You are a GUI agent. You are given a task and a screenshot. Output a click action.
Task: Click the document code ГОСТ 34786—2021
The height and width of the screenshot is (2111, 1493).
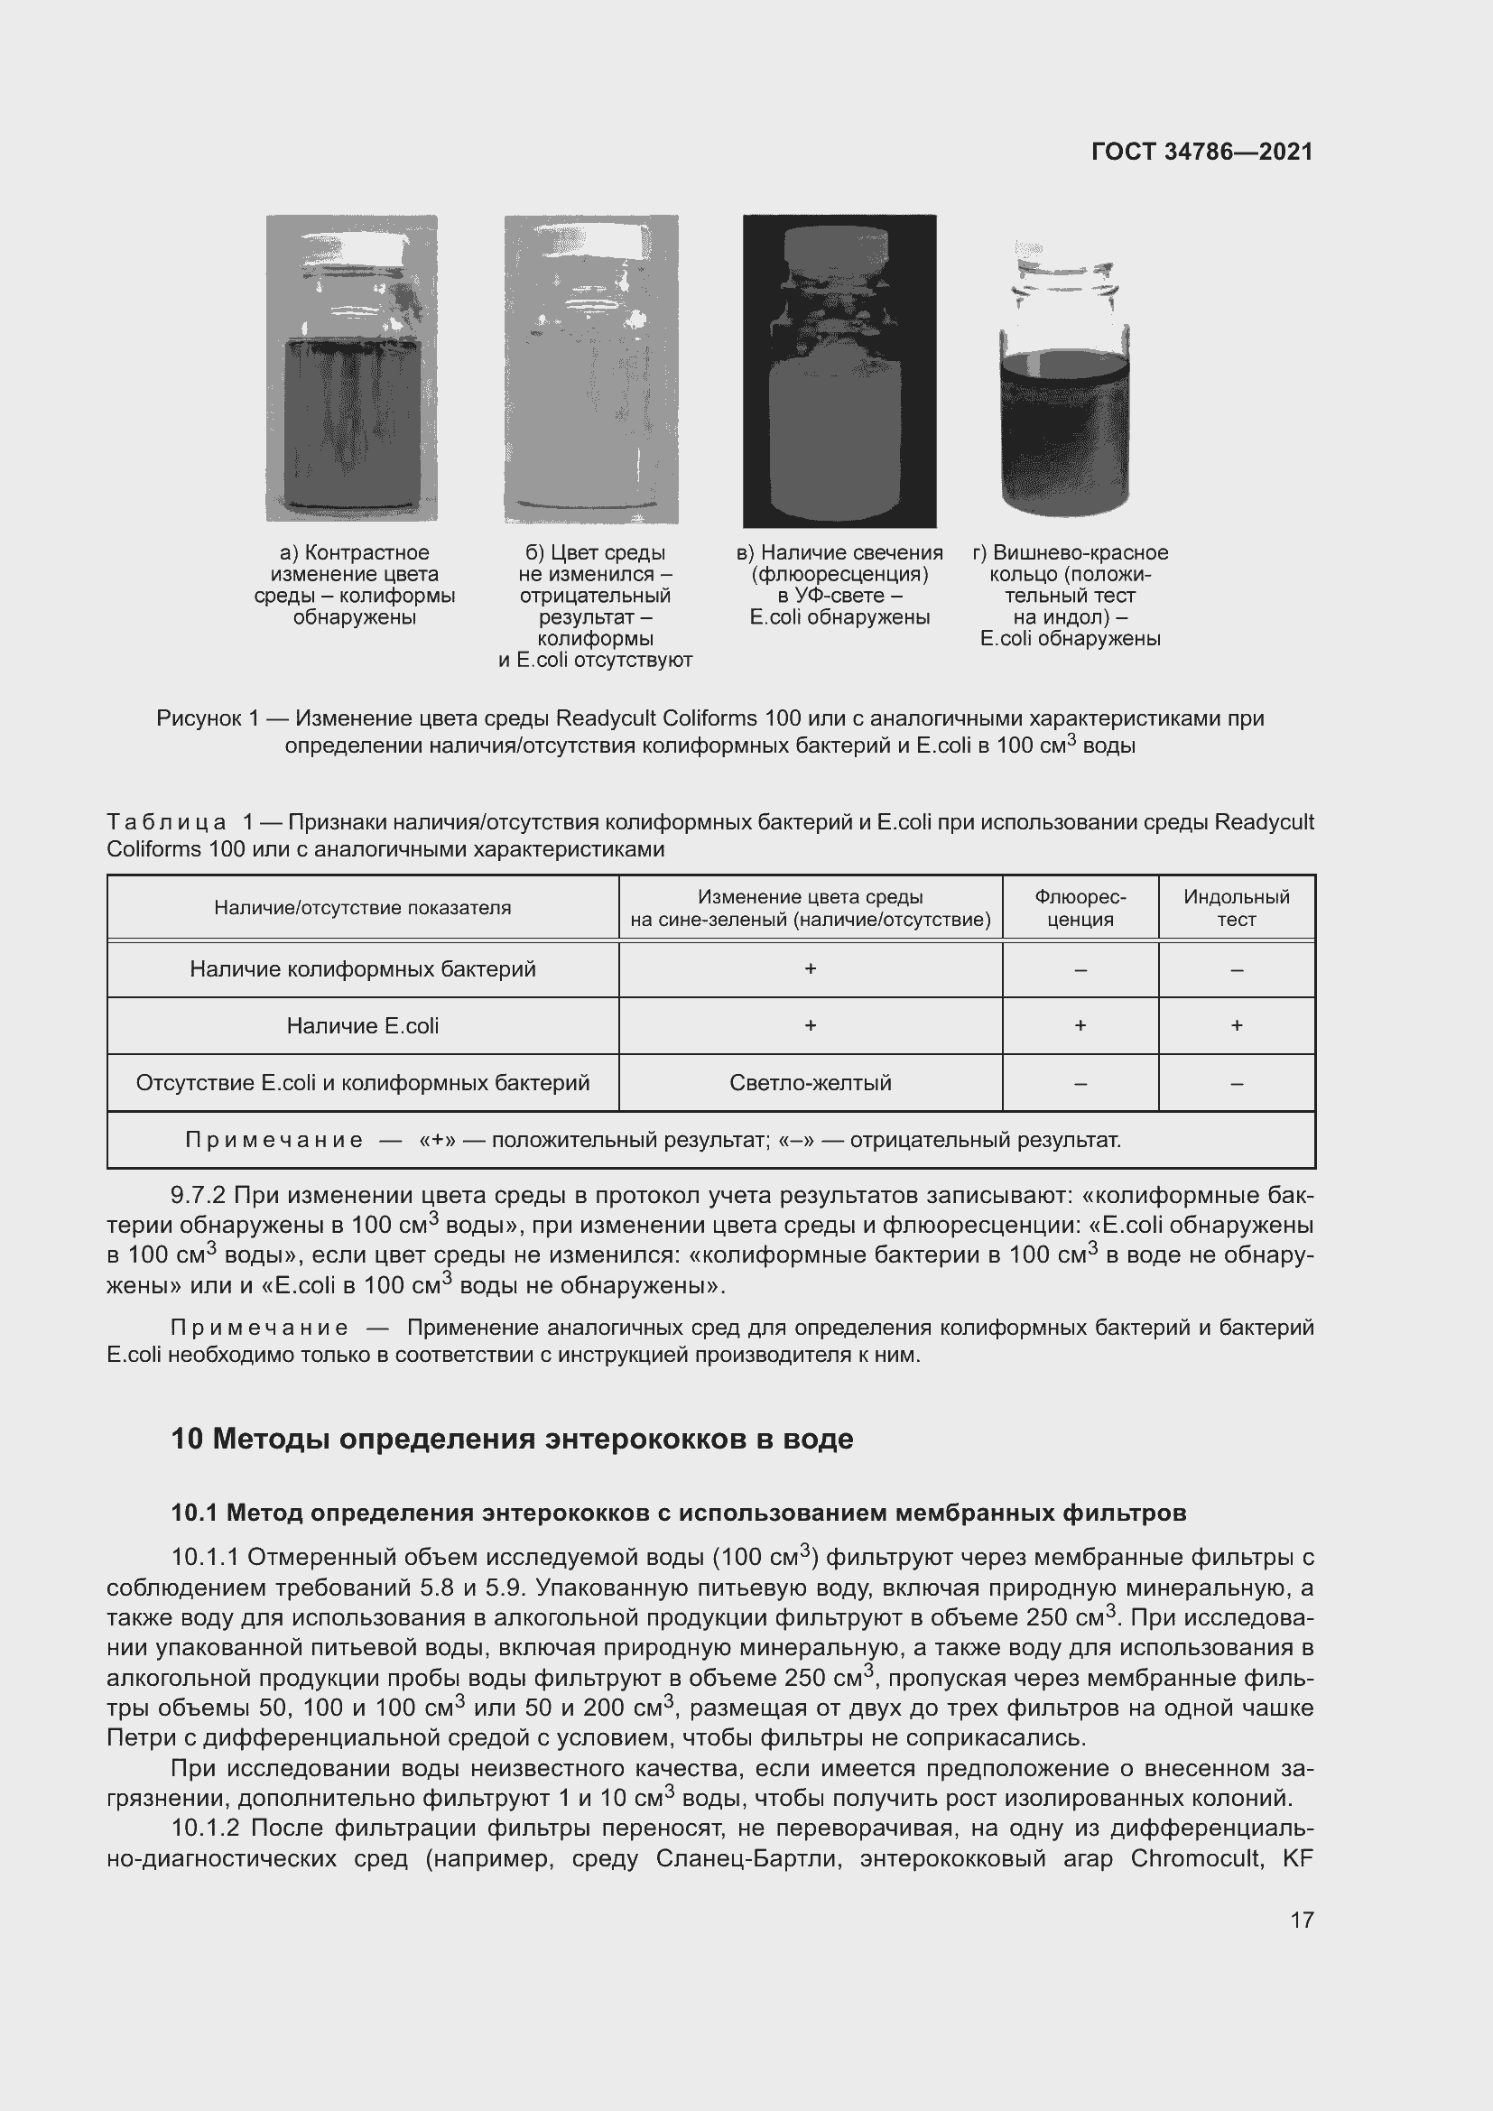point(1201,152)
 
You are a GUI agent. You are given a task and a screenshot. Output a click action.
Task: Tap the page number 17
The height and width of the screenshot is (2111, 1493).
point(1302,1920)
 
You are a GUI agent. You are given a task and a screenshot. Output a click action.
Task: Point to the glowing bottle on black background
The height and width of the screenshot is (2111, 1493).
point(839,404)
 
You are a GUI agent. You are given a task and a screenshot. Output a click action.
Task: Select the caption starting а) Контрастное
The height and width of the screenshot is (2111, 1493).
point(355,585)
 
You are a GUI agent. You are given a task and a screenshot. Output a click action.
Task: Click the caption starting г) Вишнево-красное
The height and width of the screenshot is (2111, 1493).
point(1071,595)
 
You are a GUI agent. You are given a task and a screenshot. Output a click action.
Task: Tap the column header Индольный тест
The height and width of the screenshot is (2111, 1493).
point(1236,907)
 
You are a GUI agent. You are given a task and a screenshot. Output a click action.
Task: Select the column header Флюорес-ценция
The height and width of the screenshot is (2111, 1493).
point(1080,907)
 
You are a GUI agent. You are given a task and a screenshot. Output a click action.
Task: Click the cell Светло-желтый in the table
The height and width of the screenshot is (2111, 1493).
point(810,1082)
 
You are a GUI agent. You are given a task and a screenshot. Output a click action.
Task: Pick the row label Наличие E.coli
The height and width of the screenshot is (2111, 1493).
point(362,1025)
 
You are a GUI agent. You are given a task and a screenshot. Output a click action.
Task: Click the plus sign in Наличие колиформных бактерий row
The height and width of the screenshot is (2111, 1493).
point(810,969)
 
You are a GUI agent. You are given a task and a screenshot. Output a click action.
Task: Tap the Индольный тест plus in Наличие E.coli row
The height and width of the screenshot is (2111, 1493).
point(1237,1025)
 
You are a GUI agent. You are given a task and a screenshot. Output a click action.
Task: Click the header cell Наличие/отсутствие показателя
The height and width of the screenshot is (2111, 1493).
point(362,907)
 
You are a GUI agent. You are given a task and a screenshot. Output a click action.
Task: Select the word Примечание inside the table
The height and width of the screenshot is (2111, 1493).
point(274,1141)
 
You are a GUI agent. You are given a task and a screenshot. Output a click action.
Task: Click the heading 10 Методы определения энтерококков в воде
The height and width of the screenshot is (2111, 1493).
point(512,1439)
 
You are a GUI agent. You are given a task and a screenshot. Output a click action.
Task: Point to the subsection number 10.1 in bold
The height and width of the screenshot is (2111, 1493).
point(194,1513)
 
